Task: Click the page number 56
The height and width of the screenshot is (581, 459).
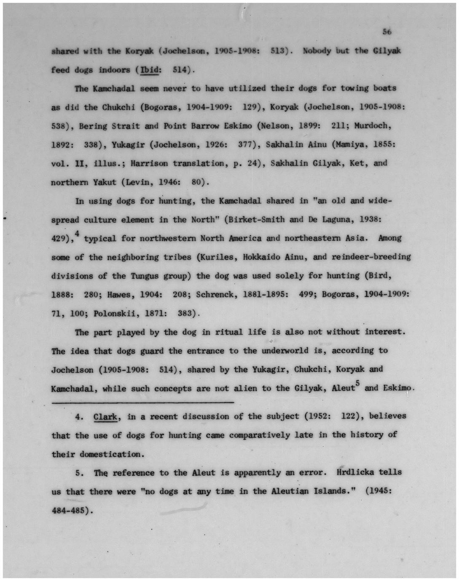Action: tap(387, 32)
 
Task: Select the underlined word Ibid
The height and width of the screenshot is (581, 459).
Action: tap(149, 69)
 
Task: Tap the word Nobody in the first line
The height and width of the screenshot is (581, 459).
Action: tap(317, 51)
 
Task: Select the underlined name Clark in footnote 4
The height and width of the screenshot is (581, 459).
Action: tap(105, 417)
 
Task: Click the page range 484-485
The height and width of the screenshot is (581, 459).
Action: tap(69, 510)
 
